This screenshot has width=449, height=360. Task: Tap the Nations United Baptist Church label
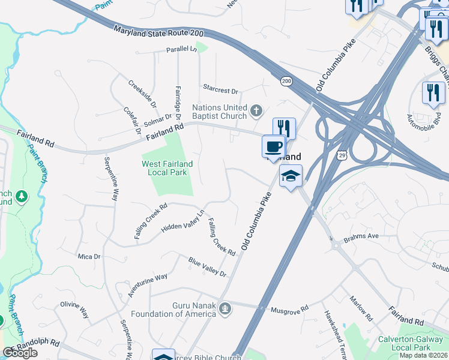(x=220, y=112)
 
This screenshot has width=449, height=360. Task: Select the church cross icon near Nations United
(x=256, y=110)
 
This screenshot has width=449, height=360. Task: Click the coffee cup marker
(x=273, y=146)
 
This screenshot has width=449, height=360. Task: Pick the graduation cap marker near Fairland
(x=291, y=176)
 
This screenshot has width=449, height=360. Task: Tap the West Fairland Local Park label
(x=167, y=168)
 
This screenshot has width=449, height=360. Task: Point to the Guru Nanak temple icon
(x=225, y=309)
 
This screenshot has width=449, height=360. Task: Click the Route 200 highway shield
(x=286, y=80)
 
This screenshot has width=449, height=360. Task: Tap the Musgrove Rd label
(x=289, y=309)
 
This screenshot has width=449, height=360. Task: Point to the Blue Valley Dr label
(x=207, y=267)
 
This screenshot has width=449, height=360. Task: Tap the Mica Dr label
(x=89, y=256)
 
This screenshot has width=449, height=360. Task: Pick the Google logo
(x=20, y=353)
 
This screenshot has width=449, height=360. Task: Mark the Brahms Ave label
(x=361, y=236)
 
